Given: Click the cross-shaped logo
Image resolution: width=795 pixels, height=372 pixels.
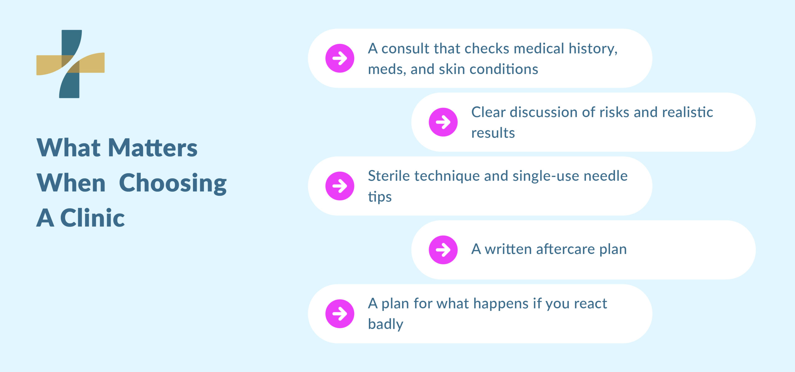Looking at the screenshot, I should [x=70, y=64].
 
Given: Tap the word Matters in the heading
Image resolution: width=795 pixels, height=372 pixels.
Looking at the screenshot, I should [x=152, y=148].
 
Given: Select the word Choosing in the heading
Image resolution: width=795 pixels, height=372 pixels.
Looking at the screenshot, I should [x=173, y=184].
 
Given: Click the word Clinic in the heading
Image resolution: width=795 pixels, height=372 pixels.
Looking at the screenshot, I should [x=92, y=218].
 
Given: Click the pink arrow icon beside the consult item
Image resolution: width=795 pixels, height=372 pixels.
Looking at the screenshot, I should [x=340, y=58].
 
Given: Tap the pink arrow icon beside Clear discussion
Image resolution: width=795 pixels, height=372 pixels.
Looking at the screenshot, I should [x=443, y=122].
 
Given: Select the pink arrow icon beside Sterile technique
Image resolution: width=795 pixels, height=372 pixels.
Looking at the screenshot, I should [x=340, y=186].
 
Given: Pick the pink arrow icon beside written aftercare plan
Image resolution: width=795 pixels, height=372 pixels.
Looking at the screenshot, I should [x=443, y=250].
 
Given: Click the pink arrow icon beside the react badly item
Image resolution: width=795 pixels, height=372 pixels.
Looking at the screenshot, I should [x=340, y=314].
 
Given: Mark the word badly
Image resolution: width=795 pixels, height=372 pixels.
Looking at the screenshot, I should [x=385, y=324].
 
